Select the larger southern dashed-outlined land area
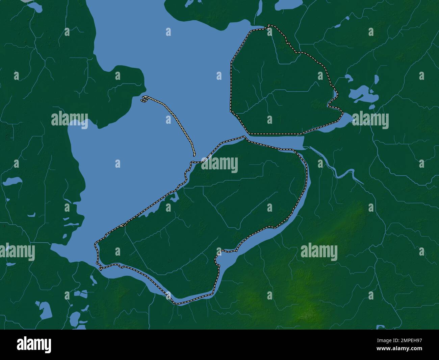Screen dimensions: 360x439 (209, 216)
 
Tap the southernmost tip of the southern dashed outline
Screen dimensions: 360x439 (177, 303)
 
